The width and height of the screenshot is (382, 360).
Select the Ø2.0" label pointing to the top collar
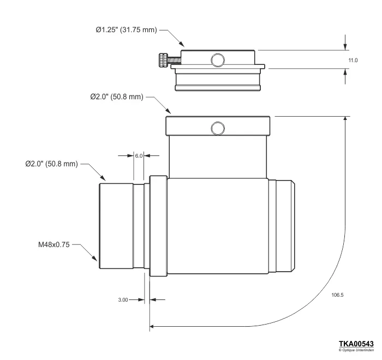116,97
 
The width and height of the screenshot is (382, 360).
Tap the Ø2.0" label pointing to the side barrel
51,163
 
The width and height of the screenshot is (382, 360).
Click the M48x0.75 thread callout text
50,245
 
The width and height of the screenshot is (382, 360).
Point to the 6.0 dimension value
139,155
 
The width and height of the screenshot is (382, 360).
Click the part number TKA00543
356,343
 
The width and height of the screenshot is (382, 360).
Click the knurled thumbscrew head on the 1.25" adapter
162,60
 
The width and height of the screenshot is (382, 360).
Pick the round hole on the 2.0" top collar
218,128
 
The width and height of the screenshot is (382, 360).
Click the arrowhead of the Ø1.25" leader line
183,46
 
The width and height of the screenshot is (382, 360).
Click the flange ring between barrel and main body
158,225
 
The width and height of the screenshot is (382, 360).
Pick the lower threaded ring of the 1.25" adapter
218,82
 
